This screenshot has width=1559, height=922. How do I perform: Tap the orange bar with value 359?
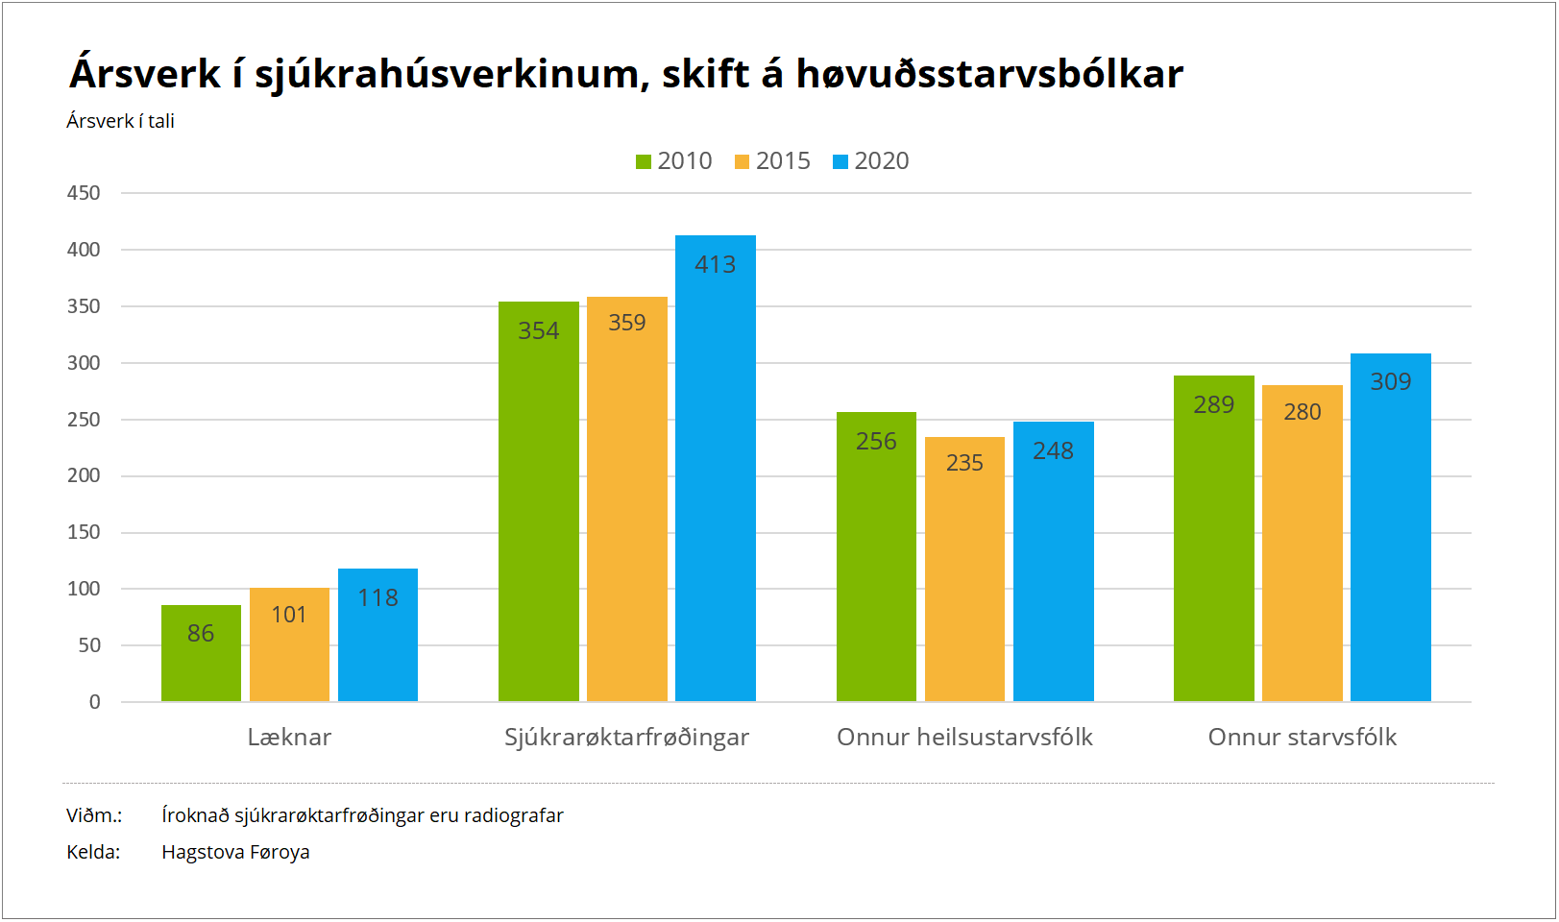coord(626,499)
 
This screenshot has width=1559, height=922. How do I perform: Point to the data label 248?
coord(1053,450)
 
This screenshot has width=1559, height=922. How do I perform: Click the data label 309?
coord(1390,381)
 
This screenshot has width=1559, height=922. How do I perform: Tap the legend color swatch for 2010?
coord(644,162)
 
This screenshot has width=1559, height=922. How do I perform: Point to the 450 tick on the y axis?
coord(84,193)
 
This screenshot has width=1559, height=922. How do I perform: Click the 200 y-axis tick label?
coord(84,475)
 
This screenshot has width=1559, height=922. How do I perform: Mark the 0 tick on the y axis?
coord(94,702)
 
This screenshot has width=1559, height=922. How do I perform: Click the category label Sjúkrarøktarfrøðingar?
coord(626,737)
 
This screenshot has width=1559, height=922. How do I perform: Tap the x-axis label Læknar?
coord(289,737)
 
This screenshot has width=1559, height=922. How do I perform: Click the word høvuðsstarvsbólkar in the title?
coord(989,74)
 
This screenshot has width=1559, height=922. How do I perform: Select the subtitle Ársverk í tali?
coord(120,121)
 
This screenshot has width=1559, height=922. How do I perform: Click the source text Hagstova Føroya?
coord(235,852)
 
